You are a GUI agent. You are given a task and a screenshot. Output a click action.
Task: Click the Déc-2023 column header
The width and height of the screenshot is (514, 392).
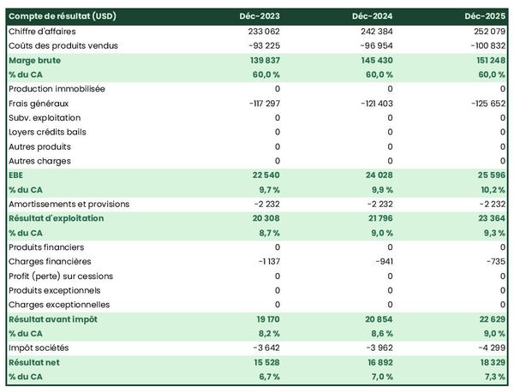coord(260,16)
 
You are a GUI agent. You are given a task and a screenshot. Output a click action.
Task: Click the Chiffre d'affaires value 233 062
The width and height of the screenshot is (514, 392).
coord(260,31)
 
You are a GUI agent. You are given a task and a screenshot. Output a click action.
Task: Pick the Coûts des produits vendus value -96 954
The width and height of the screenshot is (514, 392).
coord(374,45)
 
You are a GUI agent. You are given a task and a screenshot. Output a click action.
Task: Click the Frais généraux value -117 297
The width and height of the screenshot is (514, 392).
coord(259,103)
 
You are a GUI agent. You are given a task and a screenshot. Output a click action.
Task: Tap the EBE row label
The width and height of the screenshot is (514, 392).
coord(17,175)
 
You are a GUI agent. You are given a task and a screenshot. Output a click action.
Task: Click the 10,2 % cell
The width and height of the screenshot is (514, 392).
coord(490,189)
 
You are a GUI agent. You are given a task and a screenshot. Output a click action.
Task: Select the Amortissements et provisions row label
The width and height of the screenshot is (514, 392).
coord(69,204)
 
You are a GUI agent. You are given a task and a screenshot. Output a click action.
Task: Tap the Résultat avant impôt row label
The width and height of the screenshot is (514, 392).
coord(52,319)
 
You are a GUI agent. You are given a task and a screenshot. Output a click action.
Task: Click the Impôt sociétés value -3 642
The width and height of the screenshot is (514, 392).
coord(263,347)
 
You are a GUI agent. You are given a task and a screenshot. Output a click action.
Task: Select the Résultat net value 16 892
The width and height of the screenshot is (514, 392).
coord(375,362)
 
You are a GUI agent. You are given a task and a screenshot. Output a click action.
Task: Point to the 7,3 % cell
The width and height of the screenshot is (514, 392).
coord(492,377)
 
